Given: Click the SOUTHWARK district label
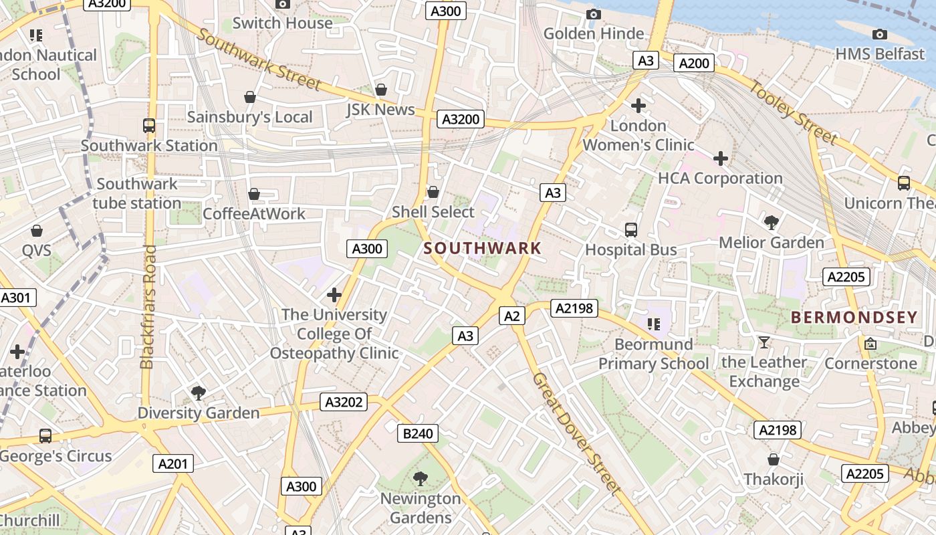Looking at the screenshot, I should click(x=482, y=248).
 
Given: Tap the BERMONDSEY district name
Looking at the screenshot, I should click(x=854, y=318).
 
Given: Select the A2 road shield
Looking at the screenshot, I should click(x=512, y=316).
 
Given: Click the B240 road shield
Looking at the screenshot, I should click(x=418, y=433).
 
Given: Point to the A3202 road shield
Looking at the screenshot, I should click(x=344, y=402).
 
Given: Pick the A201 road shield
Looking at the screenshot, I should click(x=173, y=463).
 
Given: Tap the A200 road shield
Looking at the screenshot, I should click(x=693, y=63).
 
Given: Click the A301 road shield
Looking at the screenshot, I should click(x=17, y=298).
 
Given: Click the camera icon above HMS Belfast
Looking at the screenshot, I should click(x=880, y=34).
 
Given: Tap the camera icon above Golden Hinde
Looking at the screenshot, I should click(x=593, y=14).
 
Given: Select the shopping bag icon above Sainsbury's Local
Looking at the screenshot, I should click(x=250, y=98).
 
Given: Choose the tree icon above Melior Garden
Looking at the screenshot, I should click(x=772, y=222).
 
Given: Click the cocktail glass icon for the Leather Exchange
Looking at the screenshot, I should click(x=764, y=342).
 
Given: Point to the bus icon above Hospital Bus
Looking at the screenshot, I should click(x=630, y=230).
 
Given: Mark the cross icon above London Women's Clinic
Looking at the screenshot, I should click(x=638, y=106).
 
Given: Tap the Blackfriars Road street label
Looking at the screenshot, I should click(x=148, y=306).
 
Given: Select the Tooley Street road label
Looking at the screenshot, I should click(x=792, y=112).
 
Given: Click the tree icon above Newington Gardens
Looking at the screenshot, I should click(x=421, y=478).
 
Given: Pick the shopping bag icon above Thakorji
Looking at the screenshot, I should click(x=774, y=459).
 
